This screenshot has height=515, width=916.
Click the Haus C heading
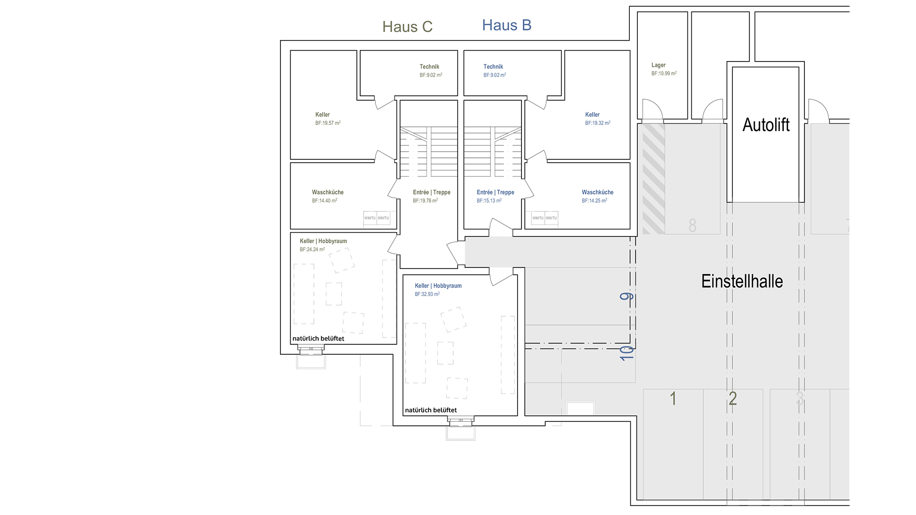pyautogui.click(x=407, y=27)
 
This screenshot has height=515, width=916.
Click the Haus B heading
pyautogui.click(x=507, y=25)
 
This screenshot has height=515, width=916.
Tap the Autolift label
pyautogui.click(x=766, y=125)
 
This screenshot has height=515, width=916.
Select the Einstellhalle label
pyautogui.click(x=742, y=281)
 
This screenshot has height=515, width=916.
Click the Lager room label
pyautogui.click(x=658, y=65)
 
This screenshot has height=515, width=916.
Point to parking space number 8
pyautogui.click(x=692, y=225)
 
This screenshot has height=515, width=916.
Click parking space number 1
pyautogui.click(x=673, y=398)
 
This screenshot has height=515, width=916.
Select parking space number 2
pyautogui.click(x=733, y=398)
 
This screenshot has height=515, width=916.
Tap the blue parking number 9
pyautogui.click(x=626, y=297)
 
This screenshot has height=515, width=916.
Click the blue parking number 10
pyautogui.click(x=626, y=353)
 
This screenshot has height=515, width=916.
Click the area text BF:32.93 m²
pyautogui.click(x=427, y=294)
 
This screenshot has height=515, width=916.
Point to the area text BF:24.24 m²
pyautogui.click(x=312, y=249)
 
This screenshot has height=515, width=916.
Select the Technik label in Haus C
pyautogui.click(x=429, y=67)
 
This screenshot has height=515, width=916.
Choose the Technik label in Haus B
pyautogui.click(x=493, y=67)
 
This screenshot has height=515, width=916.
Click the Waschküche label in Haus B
pyautogui.click(x=597, y=192)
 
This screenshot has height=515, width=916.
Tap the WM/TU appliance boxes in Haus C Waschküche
pyautogui.click(x=377, y=218)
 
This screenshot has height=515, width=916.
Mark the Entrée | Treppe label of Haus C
pyautogui.click(x=431, y=192)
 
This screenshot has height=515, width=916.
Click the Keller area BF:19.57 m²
pyautogui.click(x=327, y=123)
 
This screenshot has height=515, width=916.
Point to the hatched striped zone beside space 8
pyautogui.click(x=654, y=179)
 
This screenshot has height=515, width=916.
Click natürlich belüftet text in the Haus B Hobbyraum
pyautogui.click(x=431, y=410)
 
